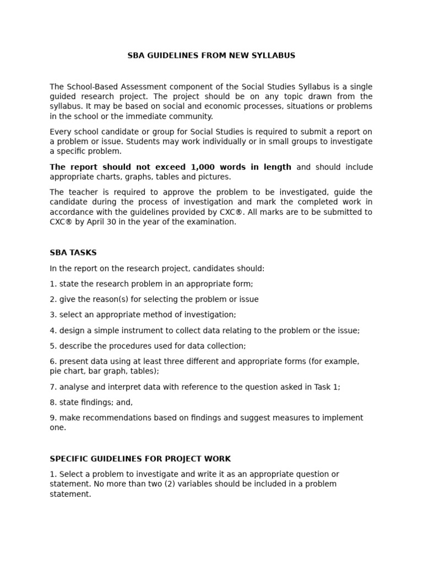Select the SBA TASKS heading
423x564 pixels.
coord(73,253)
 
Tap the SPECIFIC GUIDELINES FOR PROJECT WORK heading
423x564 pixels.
coord(140,459)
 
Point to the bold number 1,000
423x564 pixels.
coord(204,167)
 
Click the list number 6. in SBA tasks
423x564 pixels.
coord(53,361)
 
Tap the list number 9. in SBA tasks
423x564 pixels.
coord(53,417)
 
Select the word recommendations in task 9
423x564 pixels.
coord(115,417)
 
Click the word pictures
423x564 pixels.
coord(215,177)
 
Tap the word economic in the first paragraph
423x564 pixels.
coord(203,106)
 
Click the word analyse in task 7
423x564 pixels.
coord(74,387)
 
